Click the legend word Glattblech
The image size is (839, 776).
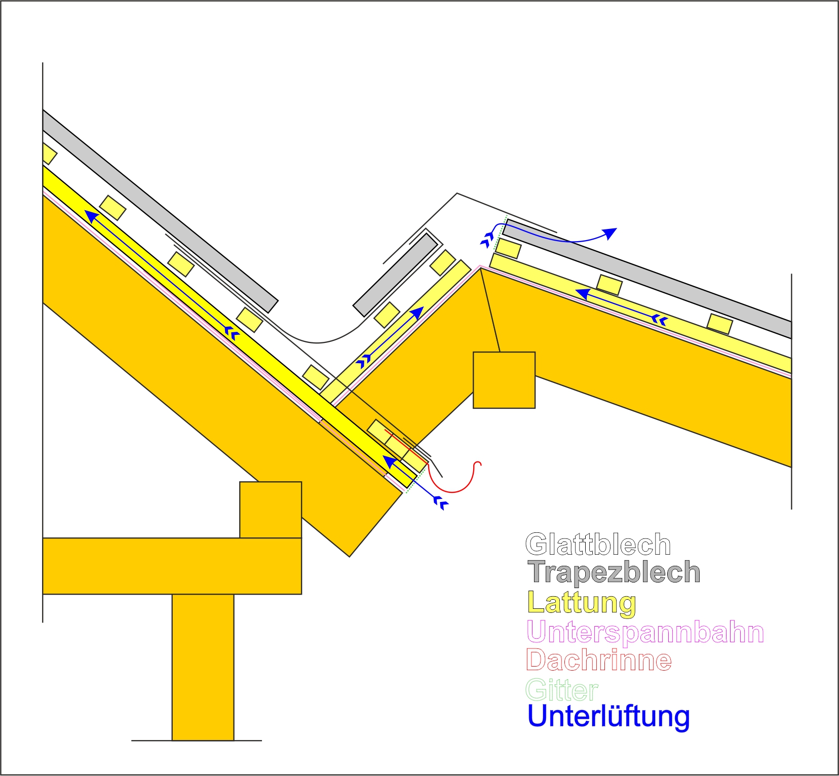pos(598,545)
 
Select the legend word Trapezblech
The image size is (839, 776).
pos(614,572)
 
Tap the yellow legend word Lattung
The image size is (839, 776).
pos(582,603)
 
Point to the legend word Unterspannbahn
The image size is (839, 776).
pos(645,632)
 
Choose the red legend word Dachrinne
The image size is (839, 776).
pos(599,660)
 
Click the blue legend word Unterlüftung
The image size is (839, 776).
pos(608,716)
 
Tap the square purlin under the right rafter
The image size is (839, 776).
pos(504,380)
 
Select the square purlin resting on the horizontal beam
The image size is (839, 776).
pos(271,510)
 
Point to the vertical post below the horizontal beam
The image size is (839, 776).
pos(203,667)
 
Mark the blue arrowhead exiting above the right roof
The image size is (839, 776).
pos(611,233)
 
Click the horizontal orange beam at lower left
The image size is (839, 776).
pos(172,566)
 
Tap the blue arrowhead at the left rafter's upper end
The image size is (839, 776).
pos(92,217)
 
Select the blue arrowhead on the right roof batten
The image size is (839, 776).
pos(583,294)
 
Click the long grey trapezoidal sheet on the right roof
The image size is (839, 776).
pos(647,279)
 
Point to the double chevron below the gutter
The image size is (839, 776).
pos(442,503)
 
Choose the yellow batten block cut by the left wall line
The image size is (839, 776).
pos(49,154)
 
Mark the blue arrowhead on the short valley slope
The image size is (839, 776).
pos(416,313)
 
